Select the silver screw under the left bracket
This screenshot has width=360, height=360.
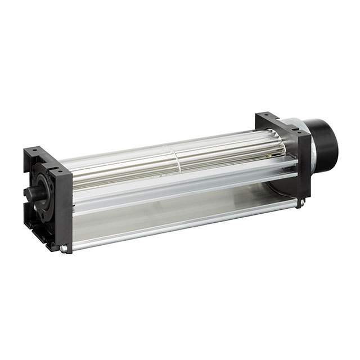point(64,248)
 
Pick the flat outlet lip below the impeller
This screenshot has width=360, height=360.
point(186,186)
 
